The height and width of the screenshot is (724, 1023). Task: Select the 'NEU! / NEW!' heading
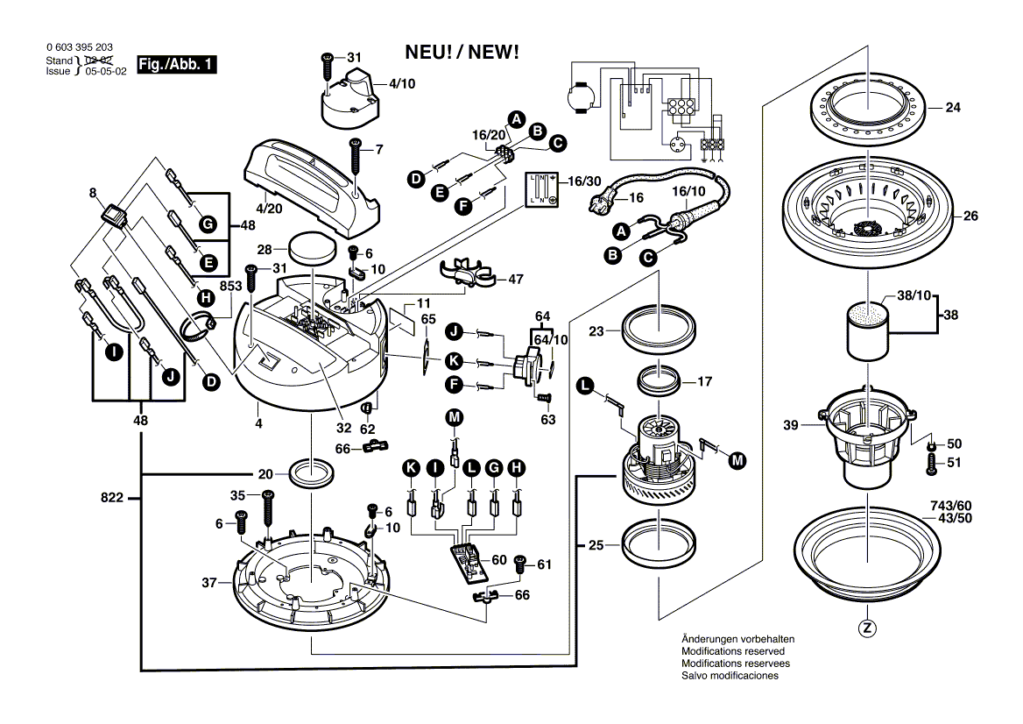click(462, 53)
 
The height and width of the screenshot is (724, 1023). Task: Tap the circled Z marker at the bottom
click(867, 628)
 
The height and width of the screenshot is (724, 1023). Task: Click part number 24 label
click(954, 109)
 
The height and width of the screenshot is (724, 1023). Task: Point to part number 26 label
click(971, 216)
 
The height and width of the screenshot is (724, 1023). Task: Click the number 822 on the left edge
click(111, 499)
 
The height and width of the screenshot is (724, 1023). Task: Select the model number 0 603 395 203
click(77, 47)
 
